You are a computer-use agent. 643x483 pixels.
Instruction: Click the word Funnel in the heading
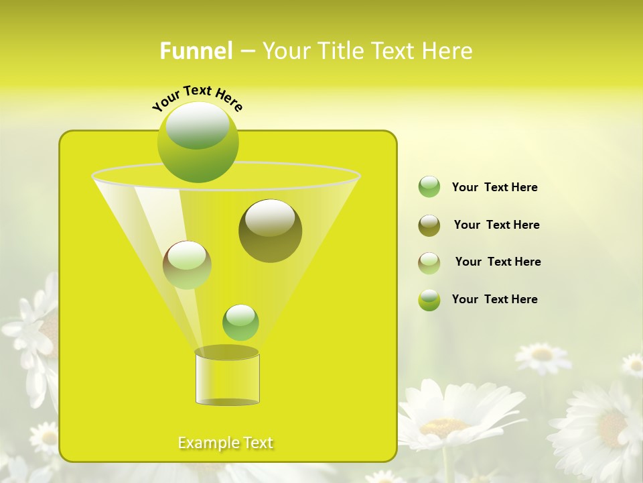pyautogui.click(x=196, y=51)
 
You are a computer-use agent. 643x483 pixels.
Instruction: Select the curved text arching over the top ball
pyautogui.click(x=198, y=98)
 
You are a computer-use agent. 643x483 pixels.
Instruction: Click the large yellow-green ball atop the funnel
pyautogui.click(x=198, y=142)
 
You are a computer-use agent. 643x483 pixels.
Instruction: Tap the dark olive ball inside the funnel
pyautogui.click(x=270, y=231)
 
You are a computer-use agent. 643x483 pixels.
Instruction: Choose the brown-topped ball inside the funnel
pyautogui.click(x=187, y=265)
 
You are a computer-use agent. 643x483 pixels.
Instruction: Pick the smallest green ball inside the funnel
pyautogui.click(x=240, y=323)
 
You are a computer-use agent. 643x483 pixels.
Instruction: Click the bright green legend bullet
pyautogui.click(x=429, y=187)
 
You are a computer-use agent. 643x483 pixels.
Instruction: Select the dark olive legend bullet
pyautogui.click(x=429, y=225)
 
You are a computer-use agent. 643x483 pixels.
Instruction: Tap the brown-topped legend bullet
pyautogui.click(x=429, y=263)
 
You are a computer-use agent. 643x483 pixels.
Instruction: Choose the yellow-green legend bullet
pyautogui.click(x=429, y=300)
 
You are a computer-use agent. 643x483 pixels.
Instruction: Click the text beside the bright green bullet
pyautogui.click(x=494, y=187)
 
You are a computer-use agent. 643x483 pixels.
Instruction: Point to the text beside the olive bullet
pyautogui.click(x=496, y=225)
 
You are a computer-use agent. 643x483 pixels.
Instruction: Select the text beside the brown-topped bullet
pyautogui.click(x=498, y=262)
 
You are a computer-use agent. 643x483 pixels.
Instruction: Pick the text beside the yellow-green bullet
pyautogui.click(x=494, y=299)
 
